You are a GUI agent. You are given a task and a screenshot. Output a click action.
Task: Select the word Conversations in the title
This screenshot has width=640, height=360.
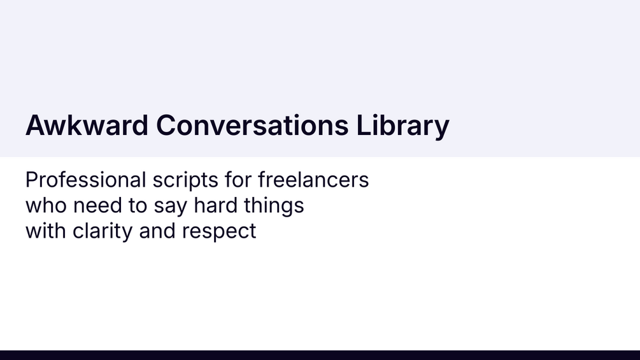[252, 125]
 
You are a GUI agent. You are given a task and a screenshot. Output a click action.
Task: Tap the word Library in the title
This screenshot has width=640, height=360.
[403, 127]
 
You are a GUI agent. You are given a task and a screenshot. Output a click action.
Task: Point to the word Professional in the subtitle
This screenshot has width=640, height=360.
[86, 180]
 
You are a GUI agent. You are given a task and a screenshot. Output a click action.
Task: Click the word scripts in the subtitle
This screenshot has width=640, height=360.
[185, 180]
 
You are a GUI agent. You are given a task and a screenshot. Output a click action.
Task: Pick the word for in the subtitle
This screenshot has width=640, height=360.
[238, 180]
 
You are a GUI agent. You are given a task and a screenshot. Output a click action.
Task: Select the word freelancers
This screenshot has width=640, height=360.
[313, 180]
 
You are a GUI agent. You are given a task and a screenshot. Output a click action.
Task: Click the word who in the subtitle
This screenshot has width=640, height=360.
[46, 206]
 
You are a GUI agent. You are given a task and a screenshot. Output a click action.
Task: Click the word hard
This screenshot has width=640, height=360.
[215, 206]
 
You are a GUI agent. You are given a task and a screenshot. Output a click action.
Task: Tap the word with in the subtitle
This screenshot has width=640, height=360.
[46, 231]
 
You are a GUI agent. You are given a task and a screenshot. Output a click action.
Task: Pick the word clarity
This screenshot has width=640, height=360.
[103, 232]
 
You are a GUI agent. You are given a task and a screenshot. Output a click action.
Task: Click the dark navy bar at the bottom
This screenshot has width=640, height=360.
[320, 355]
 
